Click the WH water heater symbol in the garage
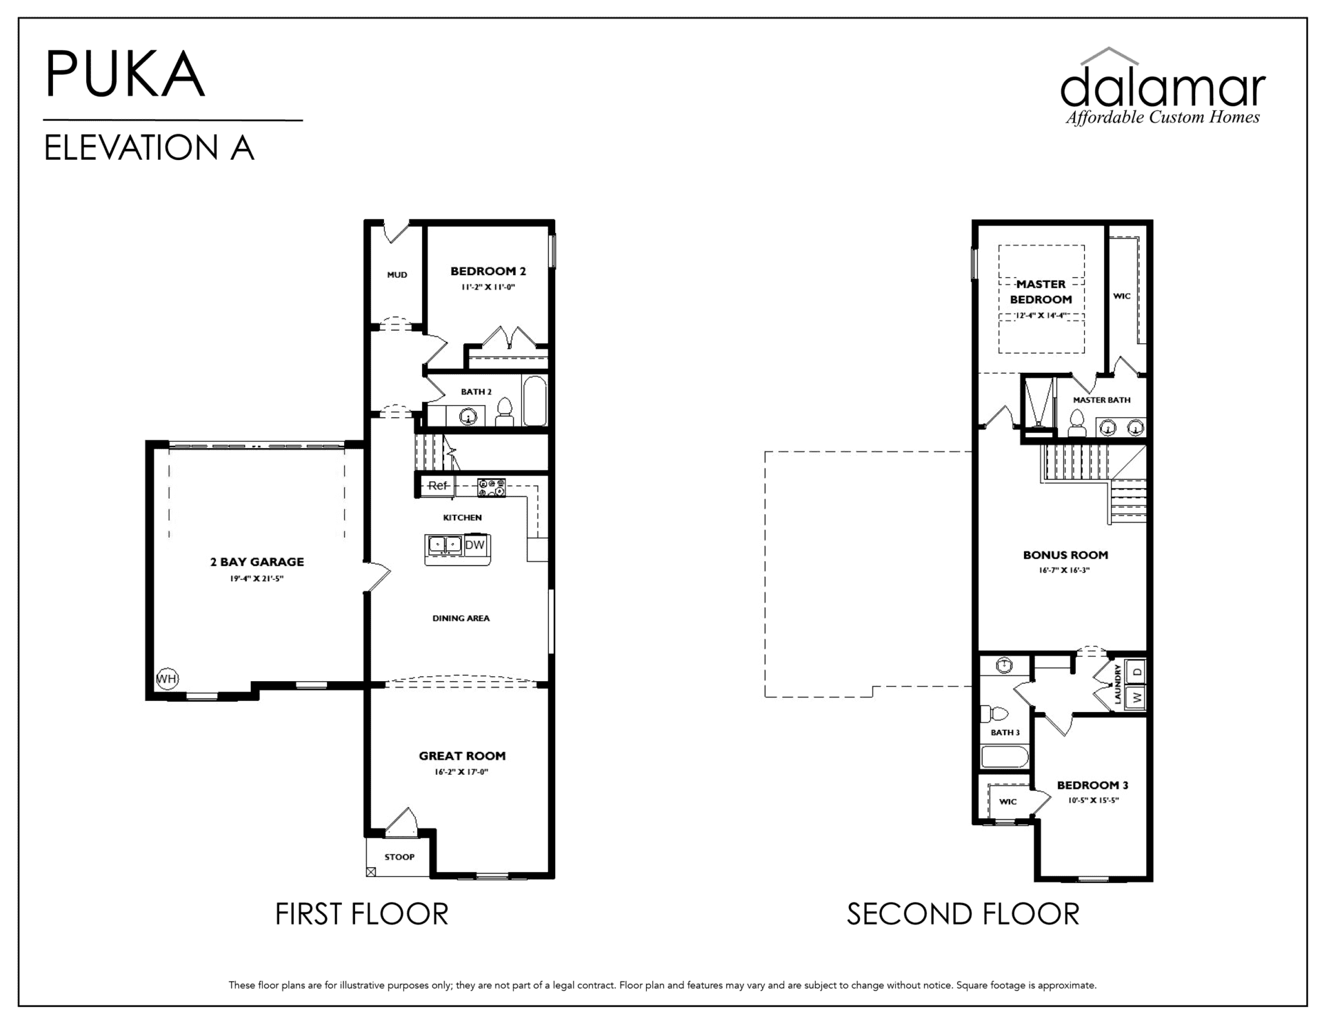(x=167, y=679)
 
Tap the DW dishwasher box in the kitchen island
(x=475, y=545)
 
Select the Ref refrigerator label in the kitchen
(x=438, y=485)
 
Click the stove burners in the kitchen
(x=492, y=487)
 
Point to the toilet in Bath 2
(x=505, y=412)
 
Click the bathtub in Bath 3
(x=1005, y=756)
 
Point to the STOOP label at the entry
(x=399, y=857)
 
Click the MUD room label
(x=397, y=275)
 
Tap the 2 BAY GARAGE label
(x=257, y=562)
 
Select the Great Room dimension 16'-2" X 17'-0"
(x=461, y=772)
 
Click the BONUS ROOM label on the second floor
(x=1065, y=555)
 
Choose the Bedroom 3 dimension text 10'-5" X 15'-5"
(x=1093, y=801)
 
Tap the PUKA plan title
(x=125, y=74)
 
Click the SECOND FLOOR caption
(x=963, y=914)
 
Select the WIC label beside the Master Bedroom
(x=1122, y=296)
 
